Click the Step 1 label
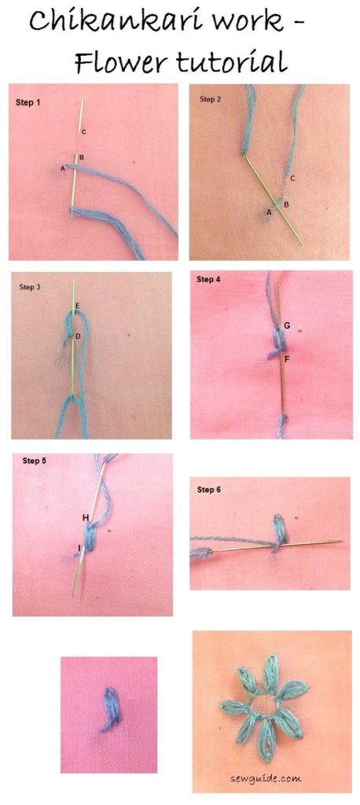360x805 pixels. [28, 103]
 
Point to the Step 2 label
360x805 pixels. [210, 99]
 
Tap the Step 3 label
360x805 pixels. [30, 287]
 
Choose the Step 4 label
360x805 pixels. [208, 279]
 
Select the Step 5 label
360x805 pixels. [35, 461]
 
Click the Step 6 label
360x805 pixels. [209, 490]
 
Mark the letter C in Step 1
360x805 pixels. [83, 132]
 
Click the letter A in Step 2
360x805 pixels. [268, 211]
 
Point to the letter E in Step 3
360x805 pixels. [78, 307]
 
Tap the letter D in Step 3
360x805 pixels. [78, 336]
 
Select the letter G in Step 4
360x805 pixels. [287, 325]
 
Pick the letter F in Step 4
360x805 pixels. [287, 359]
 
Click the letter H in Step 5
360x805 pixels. [86, 518]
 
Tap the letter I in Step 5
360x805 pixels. [79, 548]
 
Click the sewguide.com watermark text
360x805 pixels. [266, 778]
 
